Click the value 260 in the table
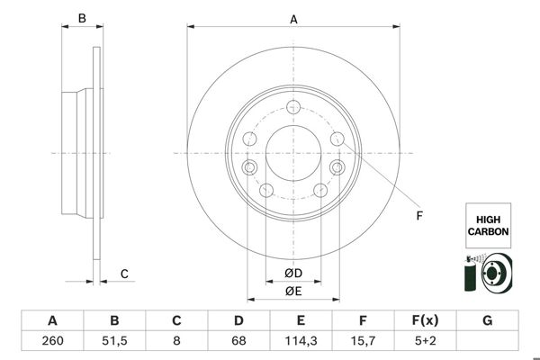point(52,341)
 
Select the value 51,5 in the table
point(114,341)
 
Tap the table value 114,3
point(301,341)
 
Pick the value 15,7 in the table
point(363,341)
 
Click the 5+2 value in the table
point(425,341)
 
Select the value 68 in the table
point(238,341)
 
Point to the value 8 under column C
point(176,341)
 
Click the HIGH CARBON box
point(488,225)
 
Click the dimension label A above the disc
point(293,17)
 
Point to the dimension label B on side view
point(80,17)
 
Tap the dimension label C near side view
point(125,274)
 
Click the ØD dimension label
point(292,274)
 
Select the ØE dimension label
point(292,291)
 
